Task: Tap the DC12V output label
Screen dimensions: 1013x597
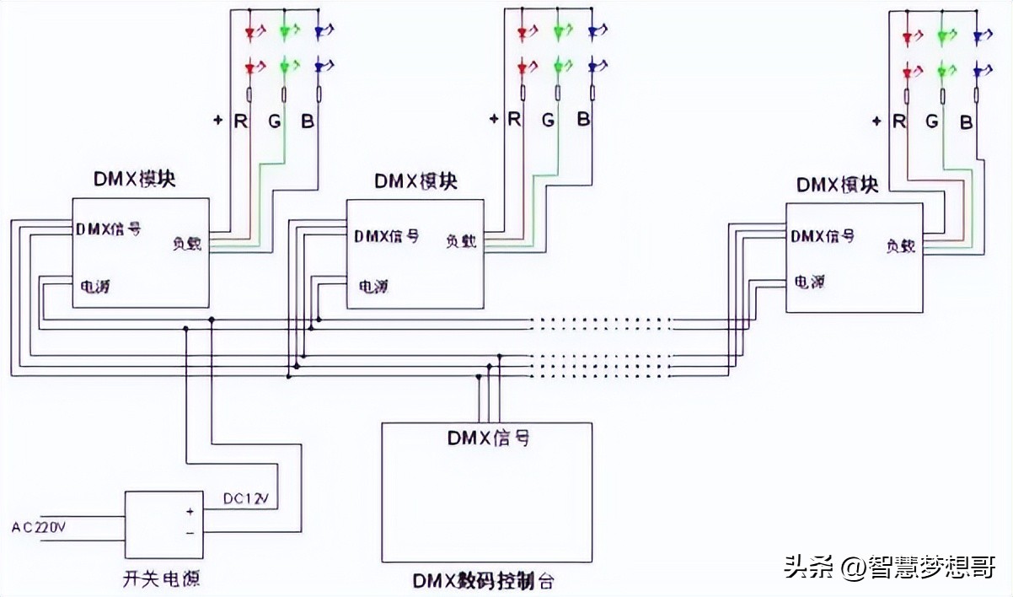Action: tap(246, 499)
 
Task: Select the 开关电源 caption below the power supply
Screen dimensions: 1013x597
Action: tap(160, 579)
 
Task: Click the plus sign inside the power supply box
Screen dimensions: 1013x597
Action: tap(190, 511)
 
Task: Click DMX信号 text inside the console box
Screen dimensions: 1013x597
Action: tap(488, 438)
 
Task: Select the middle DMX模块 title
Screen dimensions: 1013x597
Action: tap(416, 181)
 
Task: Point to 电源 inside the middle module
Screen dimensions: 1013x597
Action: tap(373, 286)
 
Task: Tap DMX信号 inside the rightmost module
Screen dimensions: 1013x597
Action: tap(823, 236)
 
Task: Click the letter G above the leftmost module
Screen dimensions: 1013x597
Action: tap(275, 121)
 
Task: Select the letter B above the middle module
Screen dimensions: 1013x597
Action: tap(583, 120)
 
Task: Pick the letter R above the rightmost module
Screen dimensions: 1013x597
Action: tap(899, 121)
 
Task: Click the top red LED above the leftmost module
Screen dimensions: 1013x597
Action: tap(250, 33)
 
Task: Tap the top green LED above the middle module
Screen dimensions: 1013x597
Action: tap(558, 33)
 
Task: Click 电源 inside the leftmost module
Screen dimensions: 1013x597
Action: tap(94, 286)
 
